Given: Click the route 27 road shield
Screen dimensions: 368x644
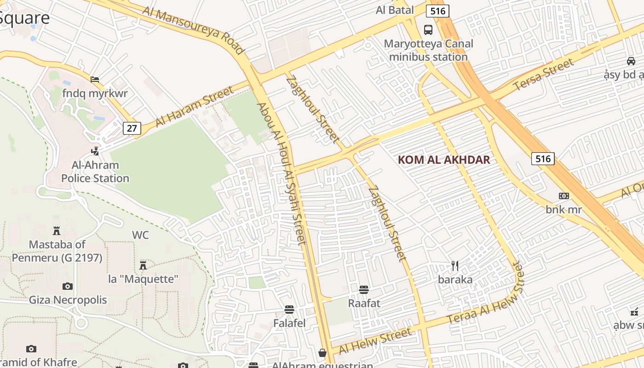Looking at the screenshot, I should pos(132,128).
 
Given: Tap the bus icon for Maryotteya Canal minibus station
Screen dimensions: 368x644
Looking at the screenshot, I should pos(428,30).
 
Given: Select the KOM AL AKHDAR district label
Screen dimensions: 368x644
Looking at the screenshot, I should pos(444,160).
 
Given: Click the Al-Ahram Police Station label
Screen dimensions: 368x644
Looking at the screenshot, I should pos(95,172).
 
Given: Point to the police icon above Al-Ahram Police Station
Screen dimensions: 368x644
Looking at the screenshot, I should pos(95,150).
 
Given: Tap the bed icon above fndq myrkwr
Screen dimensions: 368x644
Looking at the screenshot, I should pos(95,79).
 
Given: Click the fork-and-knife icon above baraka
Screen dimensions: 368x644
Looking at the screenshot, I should pos(455,265).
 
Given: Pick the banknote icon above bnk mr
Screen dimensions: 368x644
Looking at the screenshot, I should pos(564,196).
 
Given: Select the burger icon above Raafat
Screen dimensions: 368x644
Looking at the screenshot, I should pos(364,289).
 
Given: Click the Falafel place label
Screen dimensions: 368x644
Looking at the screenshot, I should pos(289,323).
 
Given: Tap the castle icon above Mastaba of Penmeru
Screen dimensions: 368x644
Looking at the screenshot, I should pos(57,230).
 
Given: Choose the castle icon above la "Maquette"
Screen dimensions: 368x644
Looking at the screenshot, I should pos(143,264).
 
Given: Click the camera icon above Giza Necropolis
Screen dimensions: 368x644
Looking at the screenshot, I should pos(68,286).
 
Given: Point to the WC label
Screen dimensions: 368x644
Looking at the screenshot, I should pos(140,235).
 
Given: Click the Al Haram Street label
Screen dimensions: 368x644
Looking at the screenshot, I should pos(195,107).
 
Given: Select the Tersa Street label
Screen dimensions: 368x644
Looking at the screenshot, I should pos(544,75).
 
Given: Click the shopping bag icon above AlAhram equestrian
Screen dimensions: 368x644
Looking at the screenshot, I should pos(322,353).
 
